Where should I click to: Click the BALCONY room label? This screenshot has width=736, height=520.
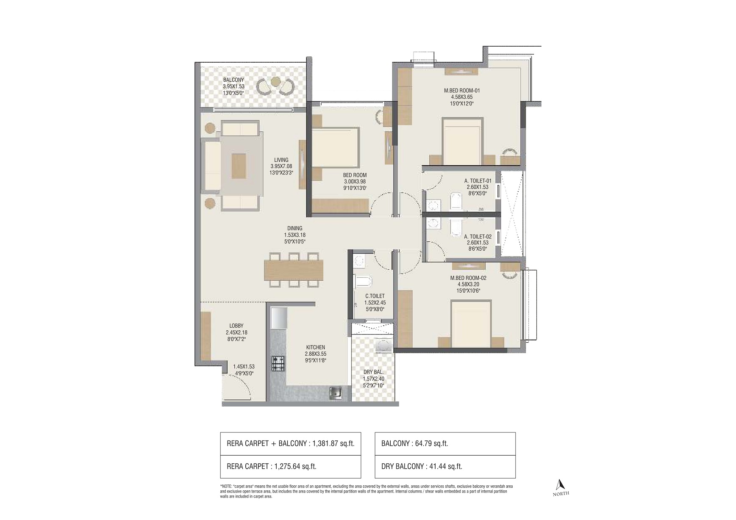(x=233, y=80)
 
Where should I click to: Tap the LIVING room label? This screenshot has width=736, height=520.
(x=281, y=160)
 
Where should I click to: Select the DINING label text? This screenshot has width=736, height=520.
(x=294, y=228)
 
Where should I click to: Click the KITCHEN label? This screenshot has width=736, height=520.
(x=316, y=347)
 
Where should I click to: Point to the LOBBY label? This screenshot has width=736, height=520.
(x=236, y=326)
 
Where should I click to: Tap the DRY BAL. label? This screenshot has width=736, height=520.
(x=374, y=372)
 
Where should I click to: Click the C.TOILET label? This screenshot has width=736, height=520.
(x=375, y=296)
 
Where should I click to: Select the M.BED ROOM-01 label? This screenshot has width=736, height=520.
(x=462, y=91)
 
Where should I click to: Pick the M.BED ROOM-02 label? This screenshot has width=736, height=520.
(x=468, y=278)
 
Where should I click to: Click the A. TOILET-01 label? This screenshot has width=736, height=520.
(x=478, y=181)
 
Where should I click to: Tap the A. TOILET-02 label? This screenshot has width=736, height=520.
(x=478, y=237)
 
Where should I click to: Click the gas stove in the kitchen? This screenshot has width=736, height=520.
(x=278, y=363)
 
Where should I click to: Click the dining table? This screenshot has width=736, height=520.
(x=294, y=270)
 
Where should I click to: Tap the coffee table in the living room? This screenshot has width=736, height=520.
(x=239, y=166)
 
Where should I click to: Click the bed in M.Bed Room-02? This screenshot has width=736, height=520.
(x=471, y=324)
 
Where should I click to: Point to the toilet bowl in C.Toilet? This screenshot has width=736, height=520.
(x=363, y=281)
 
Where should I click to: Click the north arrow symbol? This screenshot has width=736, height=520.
(x=561, y=484)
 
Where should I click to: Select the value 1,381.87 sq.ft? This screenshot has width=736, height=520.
(x=333, y=444)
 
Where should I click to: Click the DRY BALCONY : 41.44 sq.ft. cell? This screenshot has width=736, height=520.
(x=445, y=467)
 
